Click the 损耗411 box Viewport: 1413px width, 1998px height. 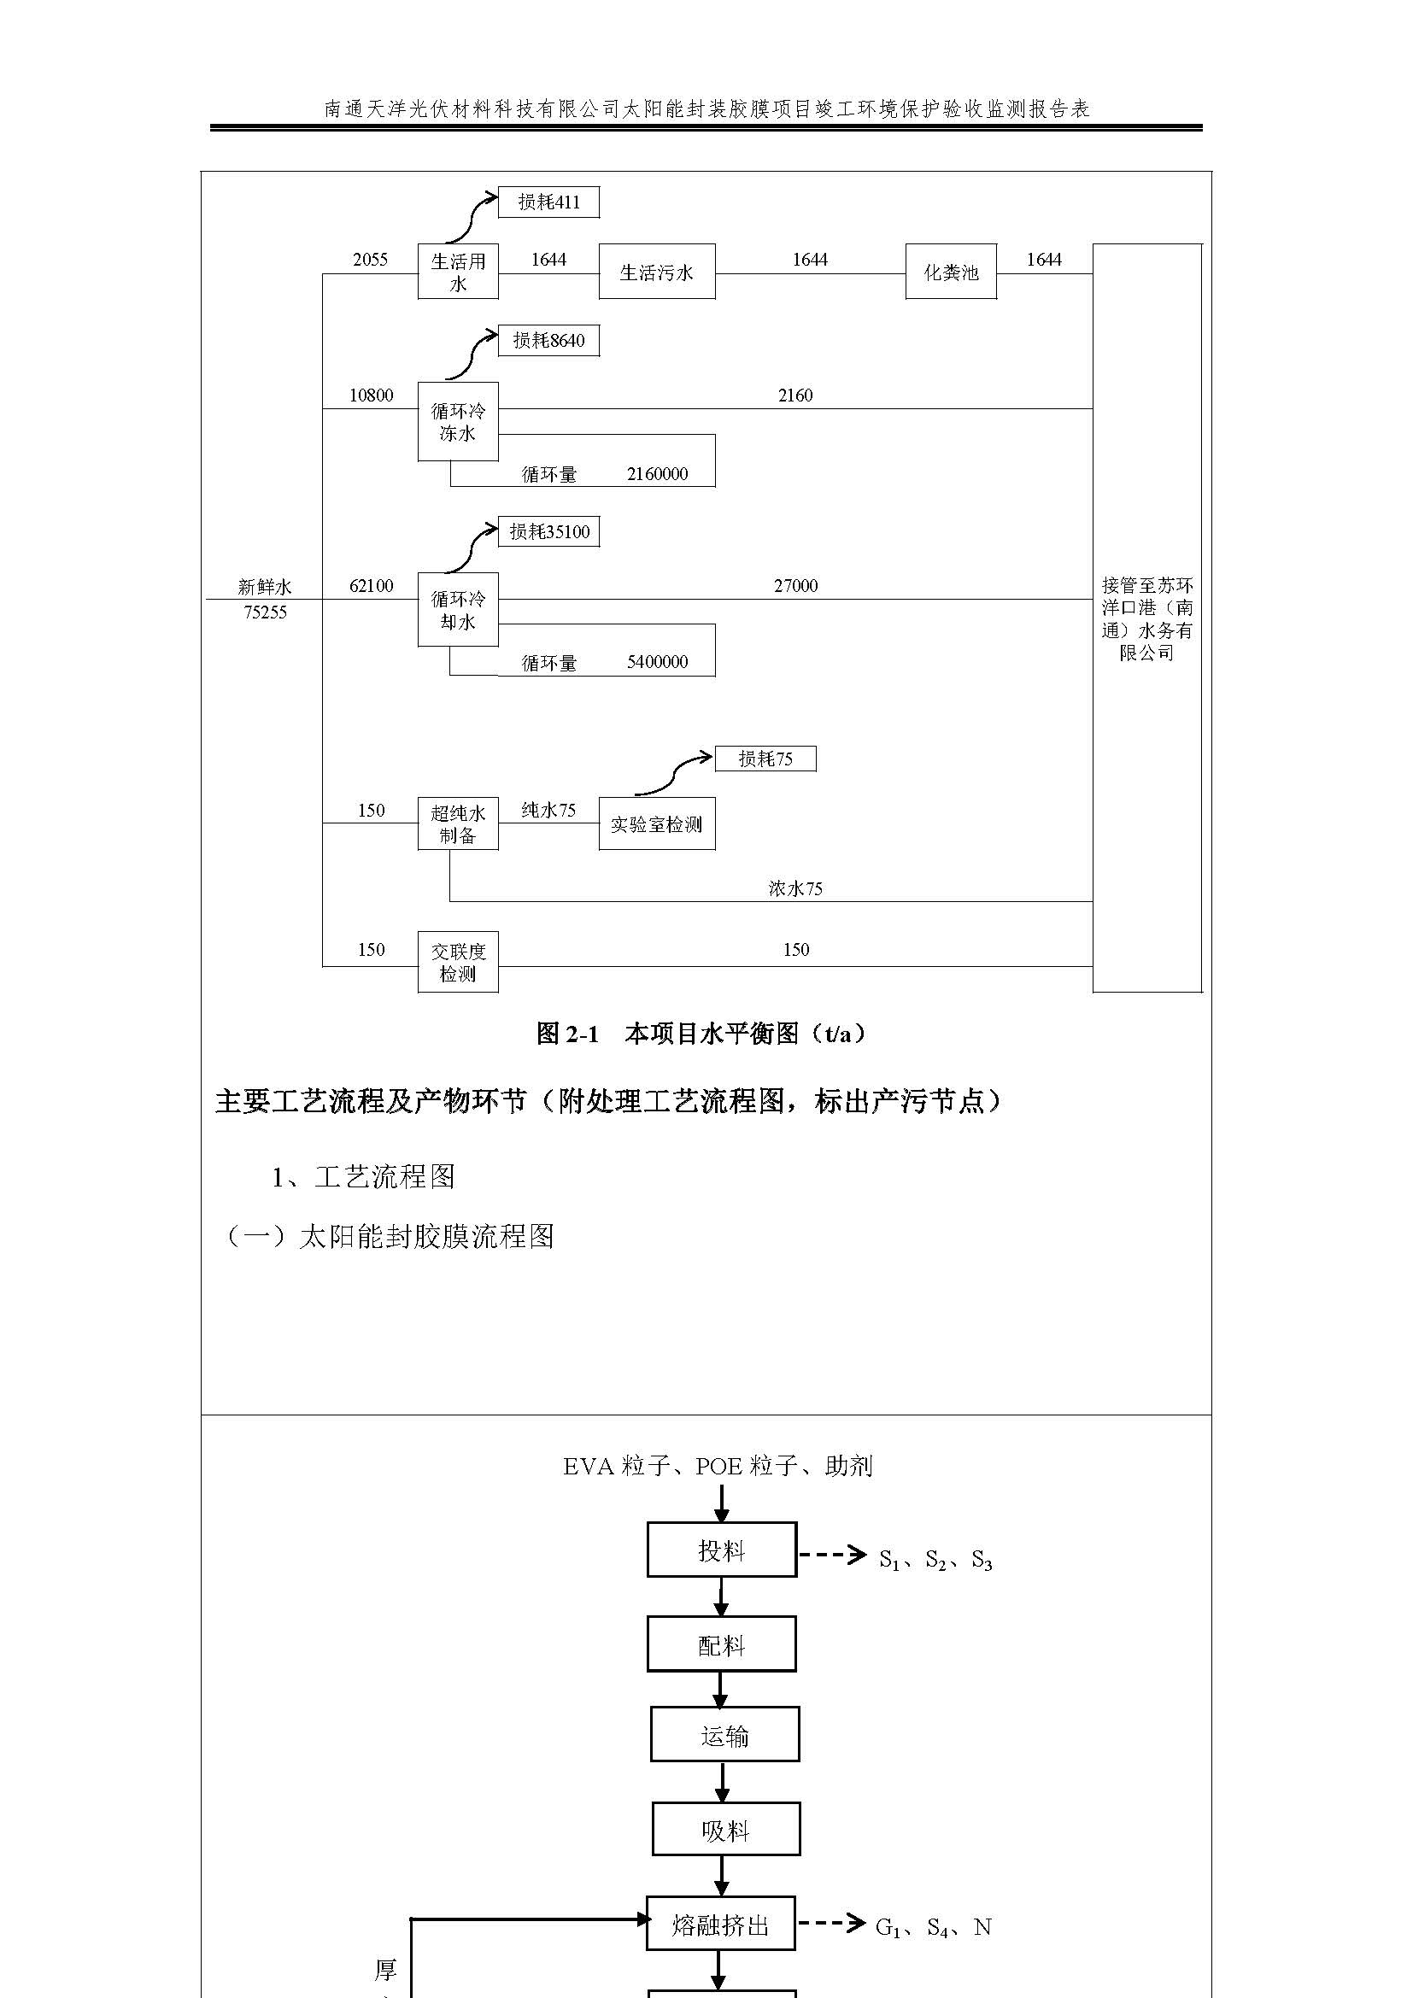tap(548, 202)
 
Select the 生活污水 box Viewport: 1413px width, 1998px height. tap(657, 272)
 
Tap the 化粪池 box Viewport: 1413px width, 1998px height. tap(950, 272)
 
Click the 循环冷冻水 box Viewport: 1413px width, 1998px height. tap(458, 421)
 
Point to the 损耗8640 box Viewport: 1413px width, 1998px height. tap(548, 340)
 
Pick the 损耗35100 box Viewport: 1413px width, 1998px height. tap(548, 531)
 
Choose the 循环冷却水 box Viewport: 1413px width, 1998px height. tap(458, 609)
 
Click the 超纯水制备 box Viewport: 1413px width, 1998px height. tap(458, 823)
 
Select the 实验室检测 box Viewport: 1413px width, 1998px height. tap(657, 823)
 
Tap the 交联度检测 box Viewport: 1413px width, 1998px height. tap(458, 962)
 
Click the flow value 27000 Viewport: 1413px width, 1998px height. tap(795, 586)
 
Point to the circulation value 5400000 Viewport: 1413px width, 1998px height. tap(657, 662)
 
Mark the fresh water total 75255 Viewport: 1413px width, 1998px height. tap(266, 612)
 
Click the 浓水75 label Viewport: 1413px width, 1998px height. tap(795, 888)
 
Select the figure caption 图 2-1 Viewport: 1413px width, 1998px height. tap(567, 1034)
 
